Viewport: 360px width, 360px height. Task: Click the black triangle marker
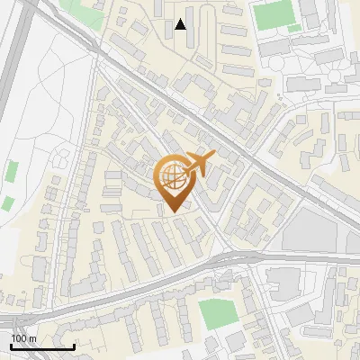(181, 24)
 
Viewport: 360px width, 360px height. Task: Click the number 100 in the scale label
(19, 338)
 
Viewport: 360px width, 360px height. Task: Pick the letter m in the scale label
(32, 338)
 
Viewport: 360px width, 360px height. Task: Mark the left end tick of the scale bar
(12, 346)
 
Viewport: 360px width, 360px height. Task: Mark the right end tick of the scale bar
(74, 346)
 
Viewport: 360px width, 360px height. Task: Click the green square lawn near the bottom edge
(215, 314)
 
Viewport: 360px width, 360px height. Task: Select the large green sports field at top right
(270, 14)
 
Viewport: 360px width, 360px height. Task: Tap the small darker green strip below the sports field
(294, 29)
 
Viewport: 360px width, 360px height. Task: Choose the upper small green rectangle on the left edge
(12, 169)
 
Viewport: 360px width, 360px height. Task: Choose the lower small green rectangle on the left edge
(7, 203)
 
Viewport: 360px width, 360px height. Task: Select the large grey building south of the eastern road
(286, 282)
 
